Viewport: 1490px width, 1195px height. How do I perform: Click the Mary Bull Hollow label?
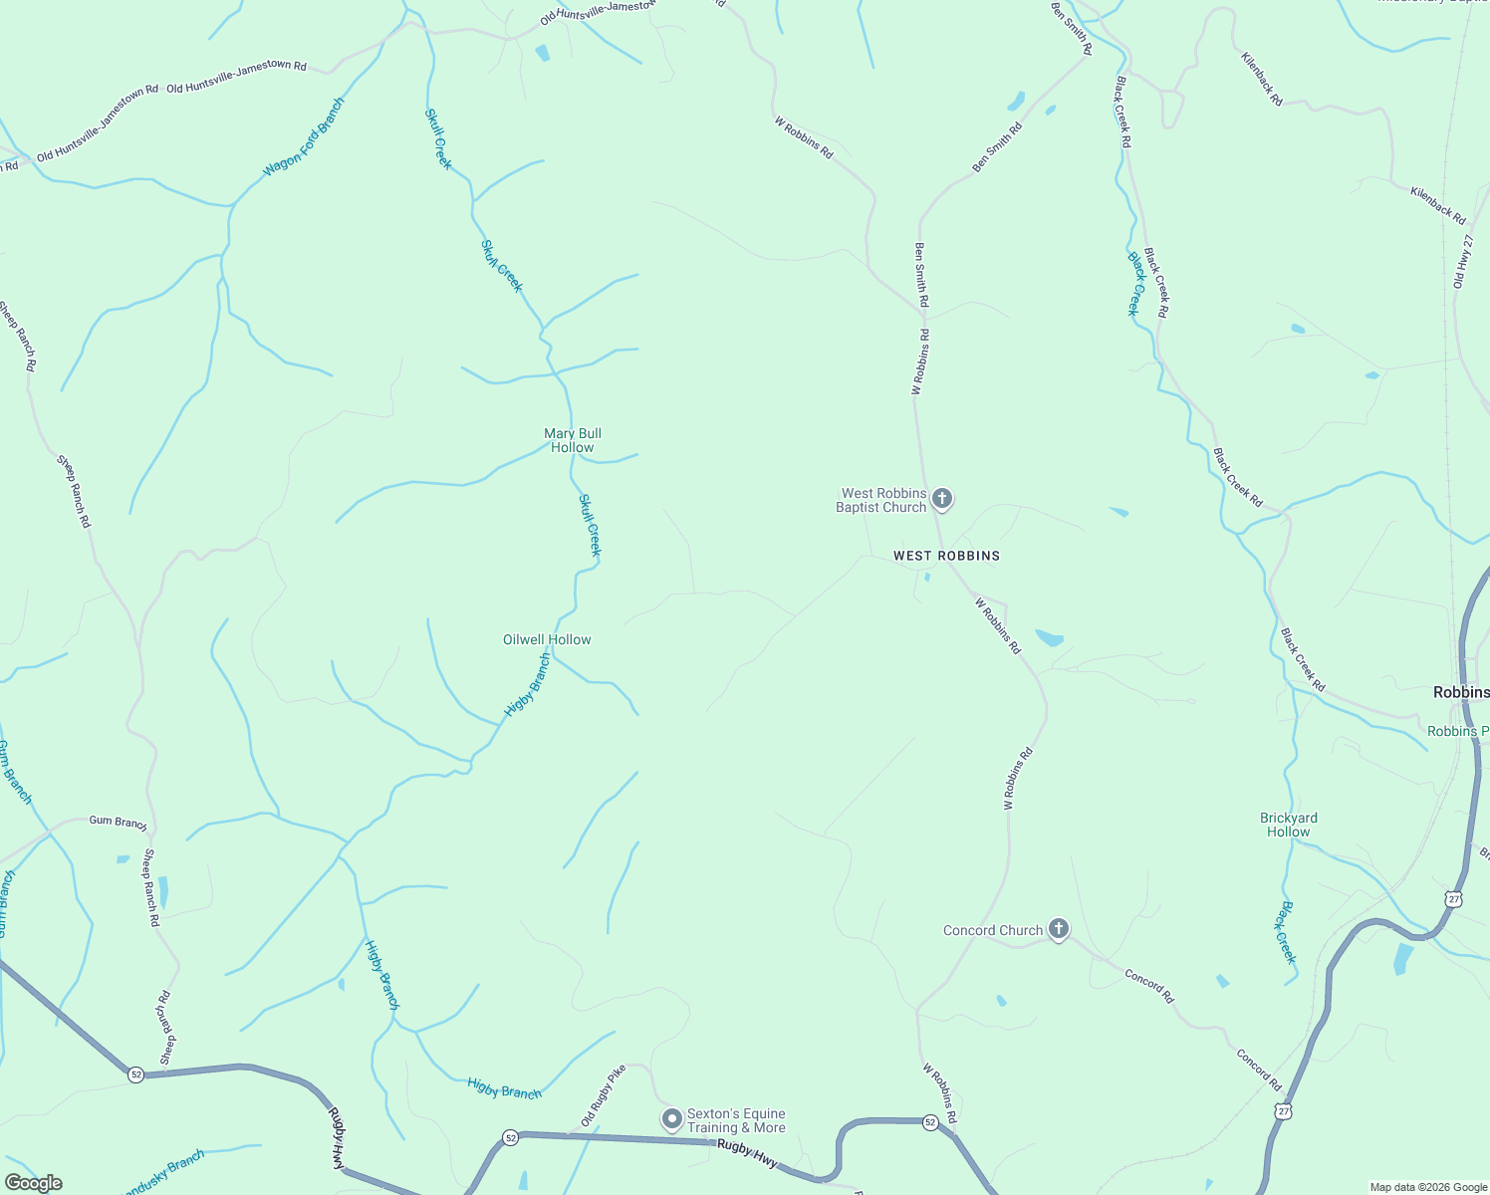[x=573, y=440]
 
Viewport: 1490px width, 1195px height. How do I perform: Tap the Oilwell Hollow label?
[x=547, y=639]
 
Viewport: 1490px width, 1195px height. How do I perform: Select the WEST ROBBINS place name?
[x=946, y=556]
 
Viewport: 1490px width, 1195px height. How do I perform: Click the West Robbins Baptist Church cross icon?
[x=942, y=499]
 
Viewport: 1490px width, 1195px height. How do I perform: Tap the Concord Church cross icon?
[x=1059, y=929]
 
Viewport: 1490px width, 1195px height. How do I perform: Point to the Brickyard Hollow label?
[x=1289, y=825]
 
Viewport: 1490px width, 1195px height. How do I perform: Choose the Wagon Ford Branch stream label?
[x=304, y=137]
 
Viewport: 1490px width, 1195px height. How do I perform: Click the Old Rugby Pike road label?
[x=604, y=1095]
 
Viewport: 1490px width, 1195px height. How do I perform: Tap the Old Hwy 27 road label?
[x=1462, y=262]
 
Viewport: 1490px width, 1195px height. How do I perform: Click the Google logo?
[x=33, y=1183]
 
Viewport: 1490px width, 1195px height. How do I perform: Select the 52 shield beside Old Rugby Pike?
[x=511, y=1137]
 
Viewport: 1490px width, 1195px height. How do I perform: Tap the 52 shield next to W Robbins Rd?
[x=930, y=1122]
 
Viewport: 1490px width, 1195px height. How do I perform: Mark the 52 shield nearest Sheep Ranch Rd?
[x=135, y=1075]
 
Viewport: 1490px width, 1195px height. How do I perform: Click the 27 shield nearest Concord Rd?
[x=1284, y=1110]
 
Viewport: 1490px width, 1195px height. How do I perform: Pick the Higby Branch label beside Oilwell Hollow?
[x=527, y=685]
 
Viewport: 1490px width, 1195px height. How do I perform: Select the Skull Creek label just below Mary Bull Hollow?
[x=591, y=525]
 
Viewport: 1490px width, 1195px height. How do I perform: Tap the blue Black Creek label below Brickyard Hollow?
[x=1288, y=933]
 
